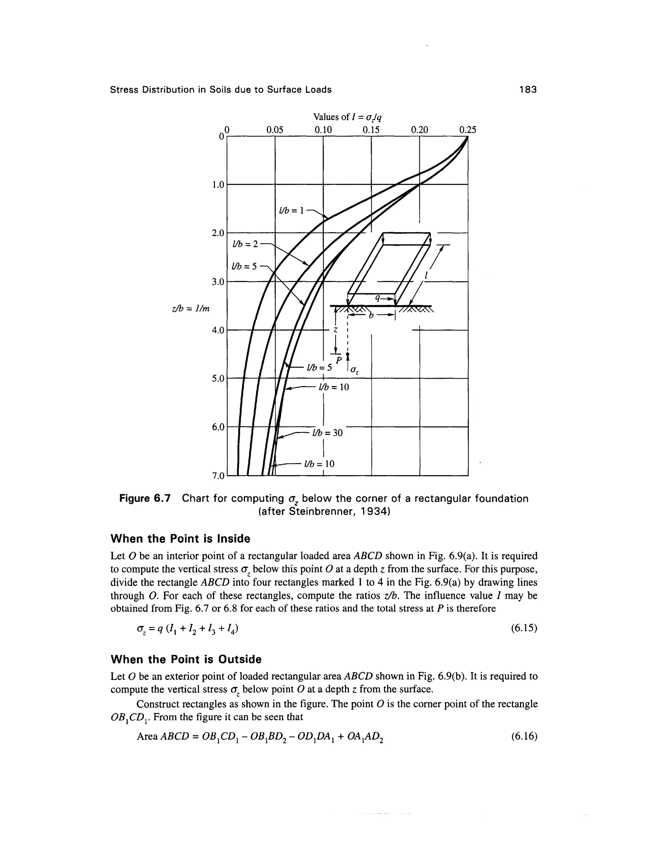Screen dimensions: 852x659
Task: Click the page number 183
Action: [528, 90]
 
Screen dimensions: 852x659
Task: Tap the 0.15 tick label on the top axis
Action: [371, 130]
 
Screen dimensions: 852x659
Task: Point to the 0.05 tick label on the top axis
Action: [274, 130]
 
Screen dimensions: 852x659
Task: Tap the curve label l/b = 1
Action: [291, 211]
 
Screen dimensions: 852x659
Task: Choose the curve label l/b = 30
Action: [327, 433]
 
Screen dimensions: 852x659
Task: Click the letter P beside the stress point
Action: [339, 359]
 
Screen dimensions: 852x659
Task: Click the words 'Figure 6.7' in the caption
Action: [145, 499]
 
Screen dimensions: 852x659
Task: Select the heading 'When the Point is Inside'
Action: [181, 539]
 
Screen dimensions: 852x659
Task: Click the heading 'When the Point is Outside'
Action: [186, 659]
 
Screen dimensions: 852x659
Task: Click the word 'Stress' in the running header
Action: [125, 90]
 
